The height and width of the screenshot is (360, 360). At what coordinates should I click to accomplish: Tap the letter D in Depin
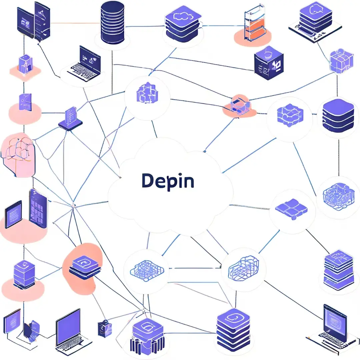click(147, 181)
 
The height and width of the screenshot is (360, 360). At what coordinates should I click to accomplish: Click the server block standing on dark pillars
click(147, 335)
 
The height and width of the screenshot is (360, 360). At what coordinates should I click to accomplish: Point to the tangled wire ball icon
click(337, 197)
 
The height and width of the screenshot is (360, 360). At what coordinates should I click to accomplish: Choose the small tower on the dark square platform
click(70, 118)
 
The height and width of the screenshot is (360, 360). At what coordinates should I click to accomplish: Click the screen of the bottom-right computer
click(335, 320)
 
